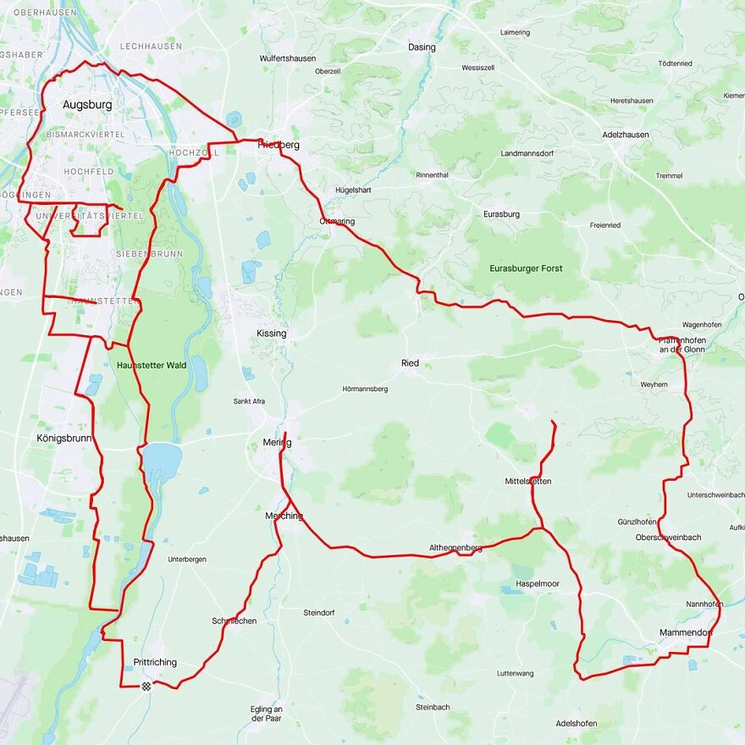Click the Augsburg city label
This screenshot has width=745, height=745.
87,105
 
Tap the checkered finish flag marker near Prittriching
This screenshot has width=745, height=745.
146,685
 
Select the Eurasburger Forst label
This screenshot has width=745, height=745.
526,268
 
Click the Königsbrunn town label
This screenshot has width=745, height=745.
63,439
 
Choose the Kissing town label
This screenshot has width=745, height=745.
272,334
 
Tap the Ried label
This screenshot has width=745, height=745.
410,363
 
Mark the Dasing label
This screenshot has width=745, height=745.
422,47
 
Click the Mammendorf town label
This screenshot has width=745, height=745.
686,632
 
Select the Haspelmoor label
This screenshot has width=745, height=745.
538,584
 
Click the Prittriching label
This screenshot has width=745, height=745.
156,662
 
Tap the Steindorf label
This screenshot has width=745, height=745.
319,612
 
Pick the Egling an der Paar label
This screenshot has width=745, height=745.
268,714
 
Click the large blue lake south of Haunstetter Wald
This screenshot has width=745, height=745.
162,462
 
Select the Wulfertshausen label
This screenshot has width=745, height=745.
288,58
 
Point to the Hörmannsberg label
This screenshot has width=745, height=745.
365,389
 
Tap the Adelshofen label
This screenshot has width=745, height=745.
576,724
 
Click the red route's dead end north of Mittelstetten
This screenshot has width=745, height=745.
553,422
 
